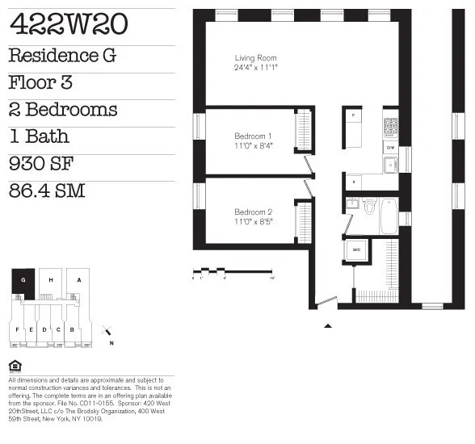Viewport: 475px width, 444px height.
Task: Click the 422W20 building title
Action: point(68,25)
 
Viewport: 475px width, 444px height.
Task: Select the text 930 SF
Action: point(42,165)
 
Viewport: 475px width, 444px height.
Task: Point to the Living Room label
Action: point(255,58)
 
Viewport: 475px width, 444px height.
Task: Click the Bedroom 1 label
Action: point(253,136)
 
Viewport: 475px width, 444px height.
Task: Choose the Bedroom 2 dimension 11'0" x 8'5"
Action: point(253,221)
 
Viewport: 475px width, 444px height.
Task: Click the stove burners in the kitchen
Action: point(390,127)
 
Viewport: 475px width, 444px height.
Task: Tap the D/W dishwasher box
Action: point(390,148)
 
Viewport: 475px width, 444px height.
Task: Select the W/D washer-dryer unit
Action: point(357,250)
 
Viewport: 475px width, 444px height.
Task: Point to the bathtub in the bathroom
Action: point(389,216)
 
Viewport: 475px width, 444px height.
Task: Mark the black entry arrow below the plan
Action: point(328,325)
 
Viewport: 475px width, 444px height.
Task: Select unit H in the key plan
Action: point(51,280)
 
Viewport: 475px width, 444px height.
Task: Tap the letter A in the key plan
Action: point(78,280)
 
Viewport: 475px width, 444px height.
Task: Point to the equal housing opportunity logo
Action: point(14,366)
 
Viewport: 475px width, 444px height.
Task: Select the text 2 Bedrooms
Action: point(63,110)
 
